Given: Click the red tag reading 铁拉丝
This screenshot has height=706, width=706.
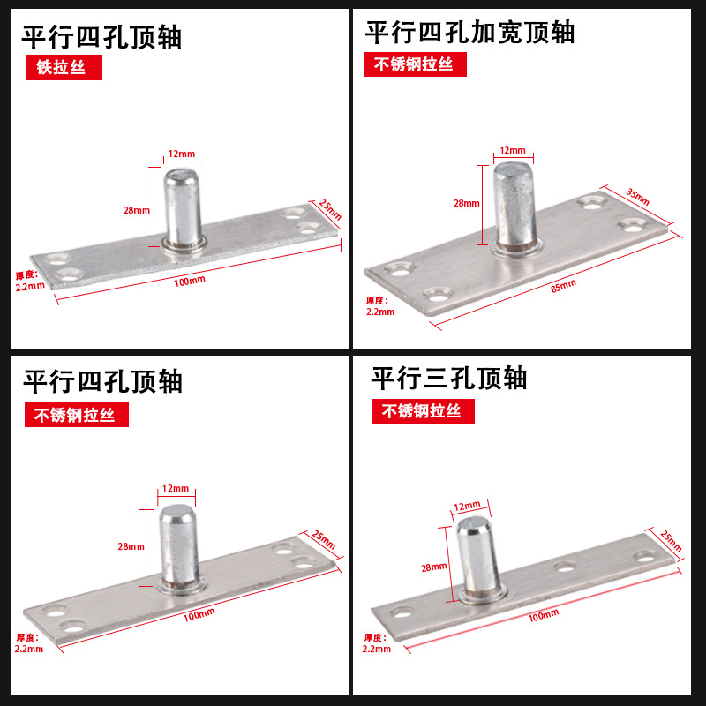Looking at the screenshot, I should pyautogui.click(x=61, y=68).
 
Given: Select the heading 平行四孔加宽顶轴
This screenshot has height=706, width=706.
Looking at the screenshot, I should pyautogui.click(x=469, y=33).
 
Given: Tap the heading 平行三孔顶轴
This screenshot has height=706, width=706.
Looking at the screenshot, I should pyautogui.click(x=448, y=379).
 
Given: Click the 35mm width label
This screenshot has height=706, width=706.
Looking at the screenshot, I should pyautogui.click(x=636, y=192).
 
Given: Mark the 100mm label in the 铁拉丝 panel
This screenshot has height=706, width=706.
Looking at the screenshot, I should pyautogui.click(x=191, y=280).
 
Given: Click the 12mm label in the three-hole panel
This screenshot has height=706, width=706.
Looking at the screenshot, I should pyautogui.click(x=466, y=506).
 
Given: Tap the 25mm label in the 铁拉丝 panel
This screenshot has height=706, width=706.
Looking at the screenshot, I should pyautogui.click(x=328, y=208).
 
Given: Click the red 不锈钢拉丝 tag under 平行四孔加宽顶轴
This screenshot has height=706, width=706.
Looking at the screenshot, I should pyautogui.click(x=414, y=64).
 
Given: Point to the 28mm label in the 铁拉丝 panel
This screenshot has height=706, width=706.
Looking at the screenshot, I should pyautogui.click(x=137, y=211).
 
